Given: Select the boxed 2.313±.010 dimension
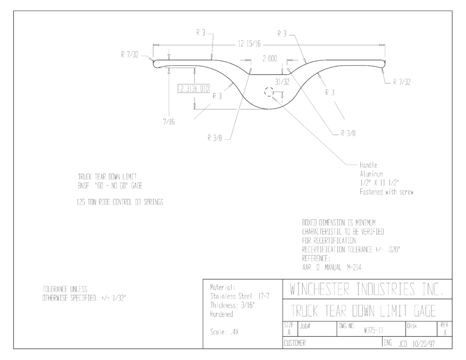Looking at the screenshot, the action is pos(194,89).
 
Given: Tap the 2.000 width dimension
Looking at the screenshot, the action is pos(269,59).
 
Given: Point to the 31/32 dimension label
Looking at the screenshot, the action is pos(282,82).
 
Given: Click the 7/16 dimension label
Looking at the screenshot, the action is pos(169,122).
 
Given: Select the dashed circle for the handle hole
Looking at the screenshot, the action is pos(269,92).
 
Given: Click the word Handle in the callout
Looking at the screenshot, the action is pos(369,165).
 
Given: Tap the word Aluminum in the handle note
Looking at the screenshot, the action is pos(371,174).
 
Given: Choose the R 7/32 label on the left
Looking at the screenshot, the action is pos(130,55).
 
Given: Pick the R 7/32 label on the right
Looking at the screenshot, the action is pos(402,82).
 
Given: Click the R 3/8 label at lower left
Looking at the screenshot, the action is pos(215,138).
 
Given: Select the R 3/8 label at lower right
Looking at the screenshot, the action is pos(348,133).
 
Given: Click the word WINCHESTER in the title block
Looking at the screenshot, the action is pos(319,289).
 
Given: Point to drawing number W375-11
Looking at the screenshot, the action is pos(373,330).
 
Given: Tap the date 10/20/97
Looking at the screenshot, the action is pos(424,344).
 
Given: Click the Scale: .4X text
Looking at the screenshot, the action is pos(224,332).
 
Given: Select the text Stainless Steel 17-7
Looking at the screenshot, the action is pos(240,296).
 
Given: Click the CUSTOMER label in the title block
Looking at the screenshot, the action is pos(294,343).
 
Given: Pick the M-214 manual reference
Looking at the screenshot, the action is pos(354,267).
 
